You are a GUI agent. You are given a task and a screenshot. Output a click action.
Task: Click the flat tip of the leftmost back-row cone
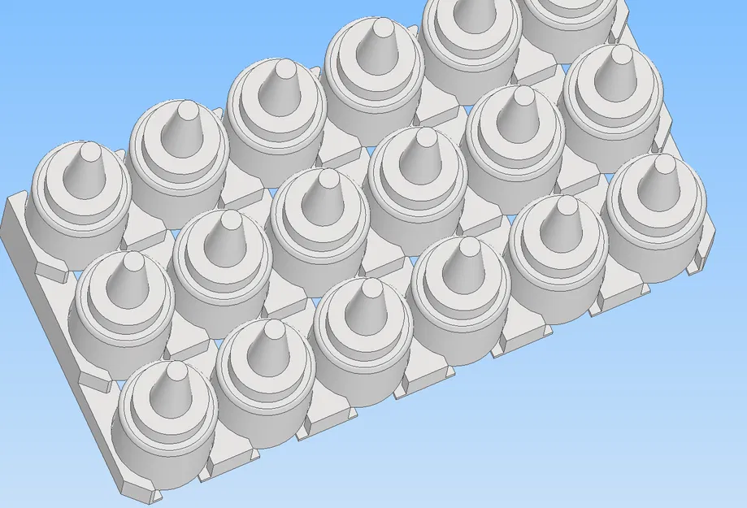(x=89, y=150)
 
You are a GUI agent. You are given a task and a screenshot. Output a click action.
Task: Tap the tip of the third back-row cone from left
(x=284, y=69)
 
